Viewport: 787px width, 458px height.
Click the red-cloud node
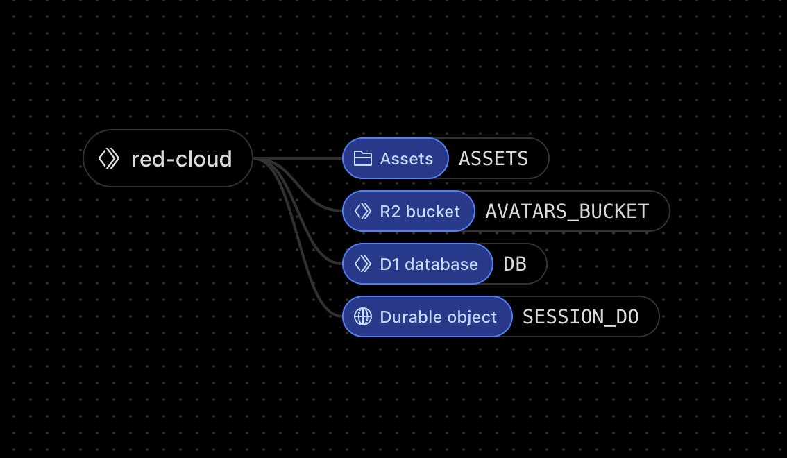tap(167, 159)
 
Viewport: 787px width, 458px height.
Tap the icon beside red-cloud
tap(109, 159)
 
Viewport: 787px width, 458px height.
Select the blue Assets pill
tap(396, 159)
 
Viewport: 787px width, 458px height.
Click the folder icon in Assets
tap(362, 159)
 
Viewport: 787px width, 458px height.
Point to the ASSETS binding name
tap(493, 159)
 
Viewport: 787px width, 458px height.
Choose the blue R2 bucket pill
tap(408, 211)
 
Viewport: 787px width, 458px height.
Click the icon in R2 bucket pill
tap(362, 211)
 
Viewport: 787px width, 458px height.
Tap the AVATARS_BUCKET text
tap(567, 211)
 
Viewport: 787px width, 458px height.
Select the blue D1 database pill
tap(417, 264)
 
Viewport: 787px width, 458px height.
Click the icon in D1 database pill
tap(362, 264)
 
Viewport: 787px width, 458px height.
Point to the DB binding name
tap(514, 264)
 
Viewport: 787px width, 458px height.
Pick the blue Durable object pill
tap(427, 317)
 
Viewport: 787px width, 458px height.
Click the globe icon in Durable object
tap(362, 317)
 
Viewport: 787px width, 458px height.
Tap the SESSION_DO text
tap(580, 317)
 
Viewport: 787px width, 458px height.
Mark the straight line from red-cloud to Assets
tap(305, 159)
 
